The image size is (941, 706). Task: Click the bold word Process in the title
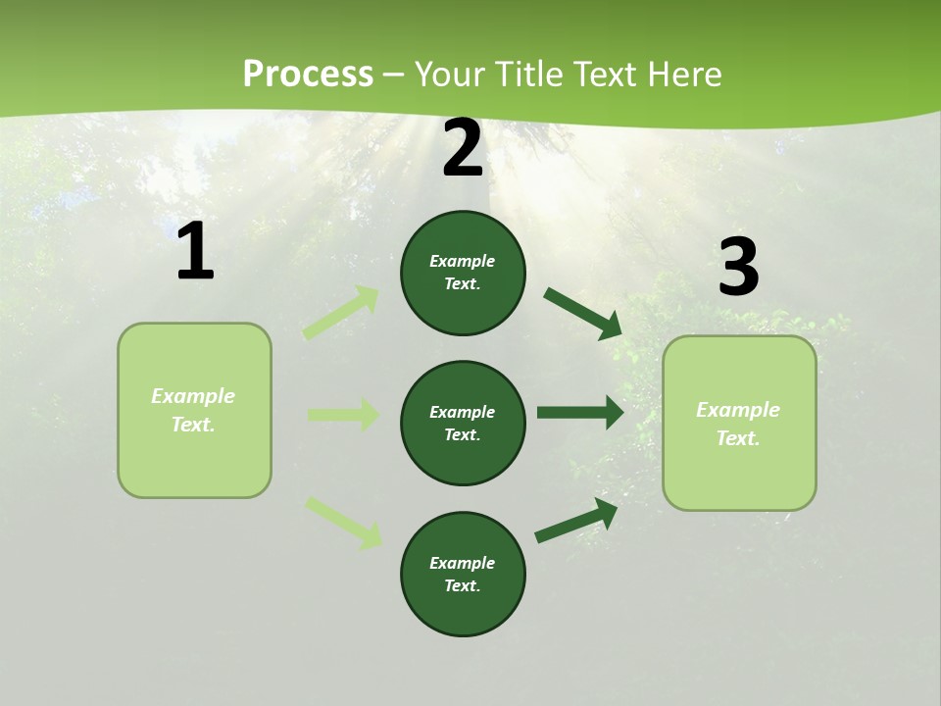[x=308, y=74]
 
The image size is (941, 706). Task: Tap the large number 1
[x=195, y=252]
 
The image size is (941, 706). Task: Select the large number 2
[x=463, y=148]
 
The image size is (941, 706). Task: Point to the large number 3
[x=738, y=268]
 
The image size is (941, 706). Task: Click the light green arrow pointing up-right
[x=341, y=312]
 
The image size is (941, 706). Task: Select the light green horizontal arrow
[x=343, y=415]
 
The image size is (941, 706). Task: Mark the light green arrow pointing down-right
[x=343, y=522]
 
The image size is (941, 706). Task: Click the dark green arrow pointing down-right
[x=582, y=313]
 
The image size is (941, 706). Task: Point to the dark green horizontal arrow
[x=579, y=413]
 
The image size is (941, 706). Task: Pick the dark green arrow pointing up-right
[x=576, y=520]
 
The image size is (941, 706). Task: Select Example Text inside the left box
[x=193, y=410]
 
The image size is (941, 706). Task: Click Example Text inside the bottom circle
[x=463, y=574]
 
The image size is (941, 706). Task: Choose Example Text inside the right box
[x=738, y=424]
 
